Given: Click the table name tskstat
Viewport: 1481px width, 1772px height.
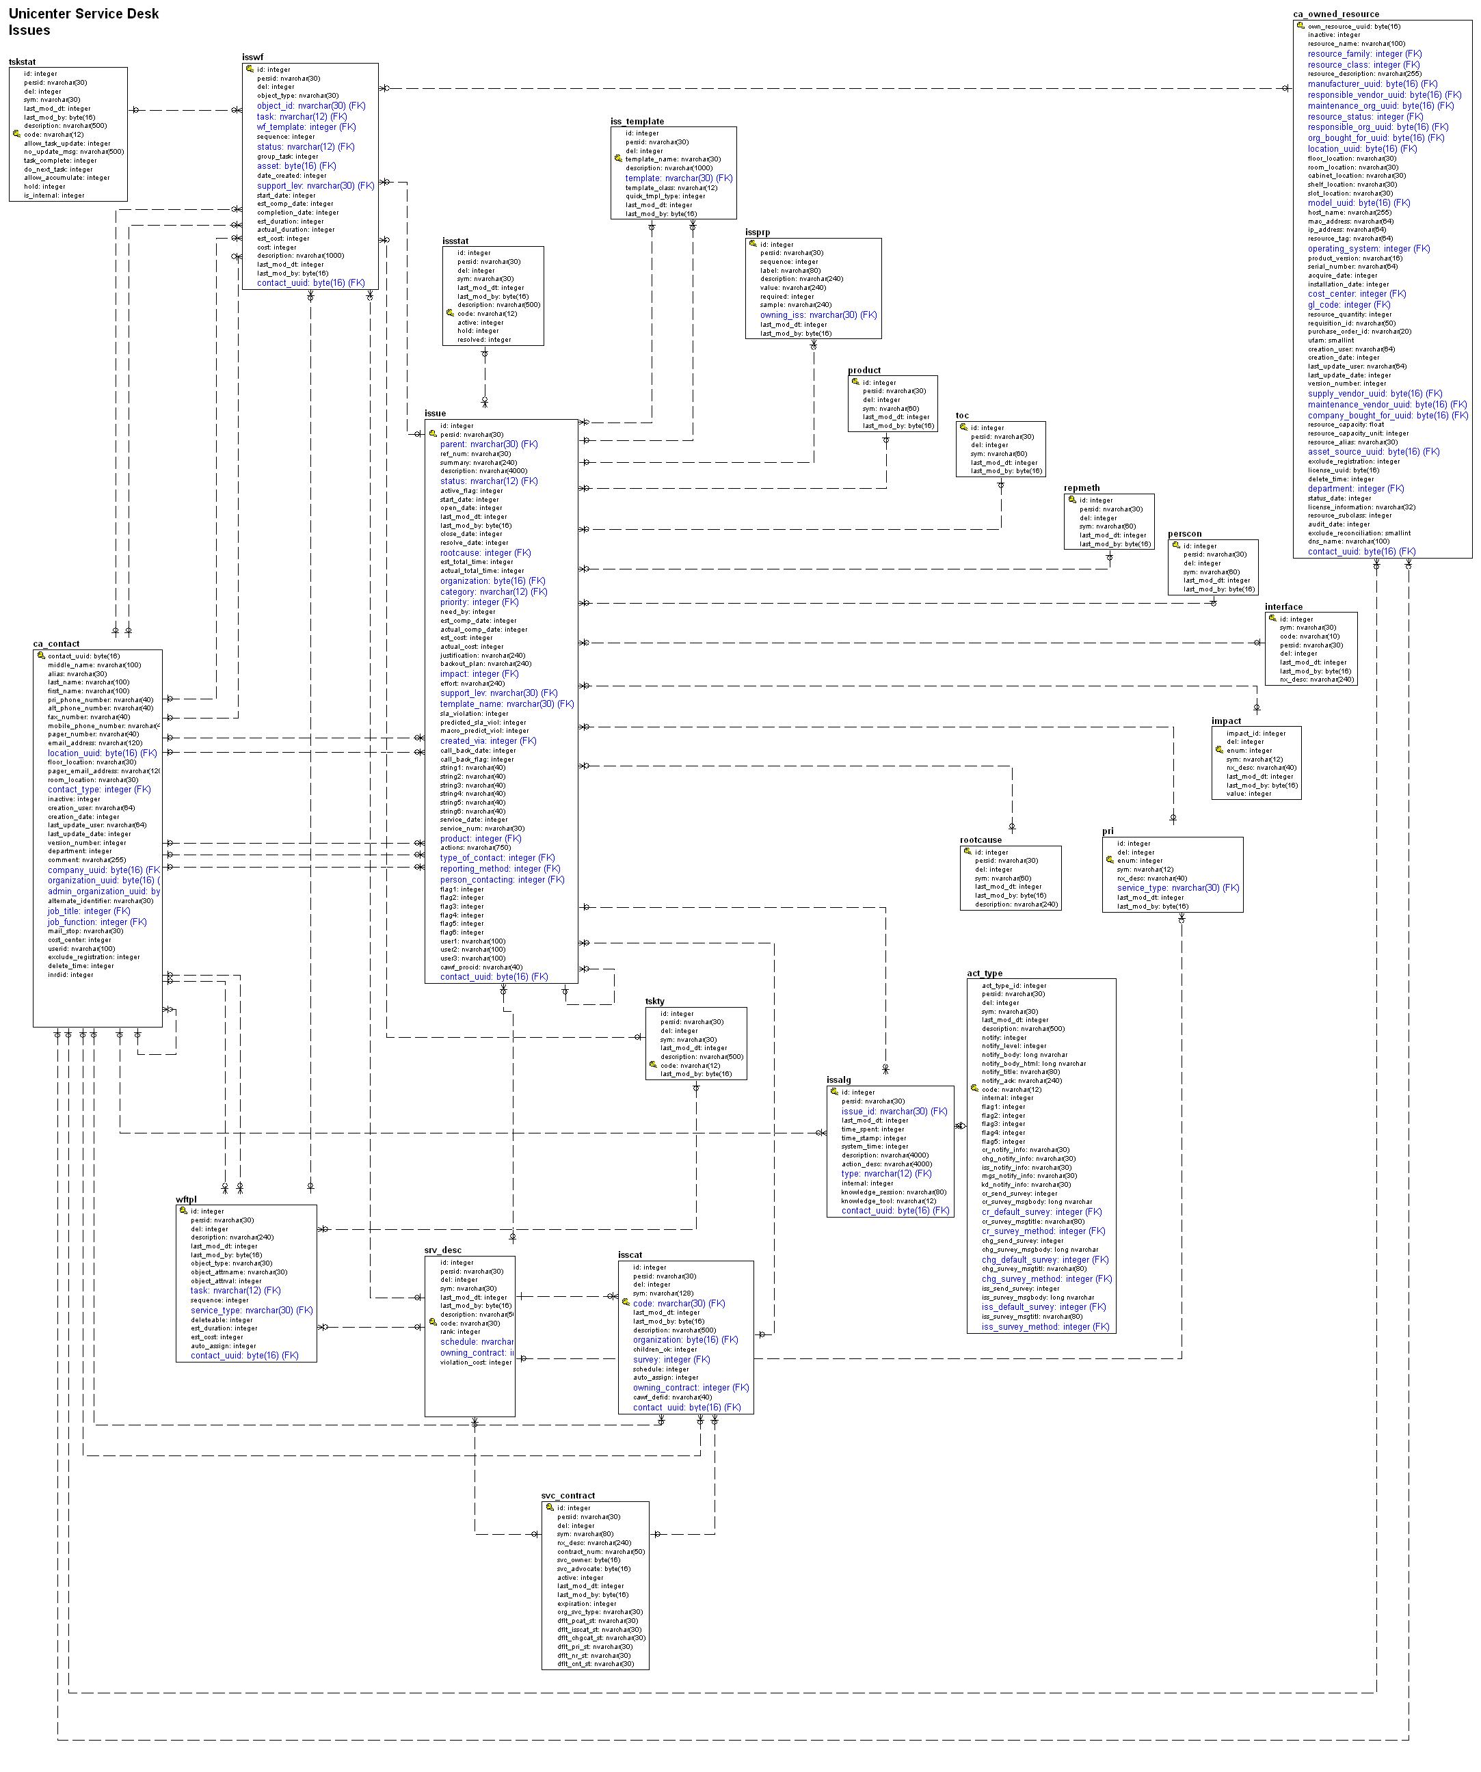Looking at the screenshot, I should [x=22, y=62].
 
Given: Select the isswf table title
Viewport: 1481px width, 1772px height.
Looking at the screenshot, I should [x=252, y=57].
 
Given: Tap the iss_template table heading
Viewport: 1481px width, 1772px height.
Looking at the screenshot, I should [x=637, y=122].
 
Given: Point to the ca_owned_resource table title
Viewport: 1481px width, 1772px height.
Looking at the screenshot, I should [x=1336, y=14].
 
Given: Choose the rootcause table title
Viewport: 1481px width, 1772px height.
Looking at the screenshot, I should [x=980, y=840].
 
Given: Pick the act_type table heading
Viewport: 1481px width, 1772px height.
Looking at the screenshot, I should [x=985, y=974].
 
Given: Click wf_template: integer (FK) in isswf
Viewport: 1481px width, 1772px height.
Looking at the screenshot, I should [x=306, y=127].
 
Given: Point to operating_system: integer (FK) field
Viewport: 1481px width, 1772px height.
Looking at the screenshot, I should [x=1369, y=249].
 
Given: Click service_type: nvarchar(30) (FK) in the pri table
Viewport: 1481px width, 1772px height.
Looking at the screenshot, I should [x=1178, y=887].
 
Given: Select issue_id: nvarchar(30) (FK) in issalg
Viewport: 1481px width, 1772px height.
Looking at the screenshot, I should [x=894, y=1112].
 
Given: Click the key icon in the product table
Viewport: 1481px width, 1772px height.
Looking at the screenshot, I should [x=855, y=382].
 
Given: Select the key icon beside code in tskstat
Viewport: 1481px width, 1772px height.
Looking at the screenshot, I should [x=16, y=134].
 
